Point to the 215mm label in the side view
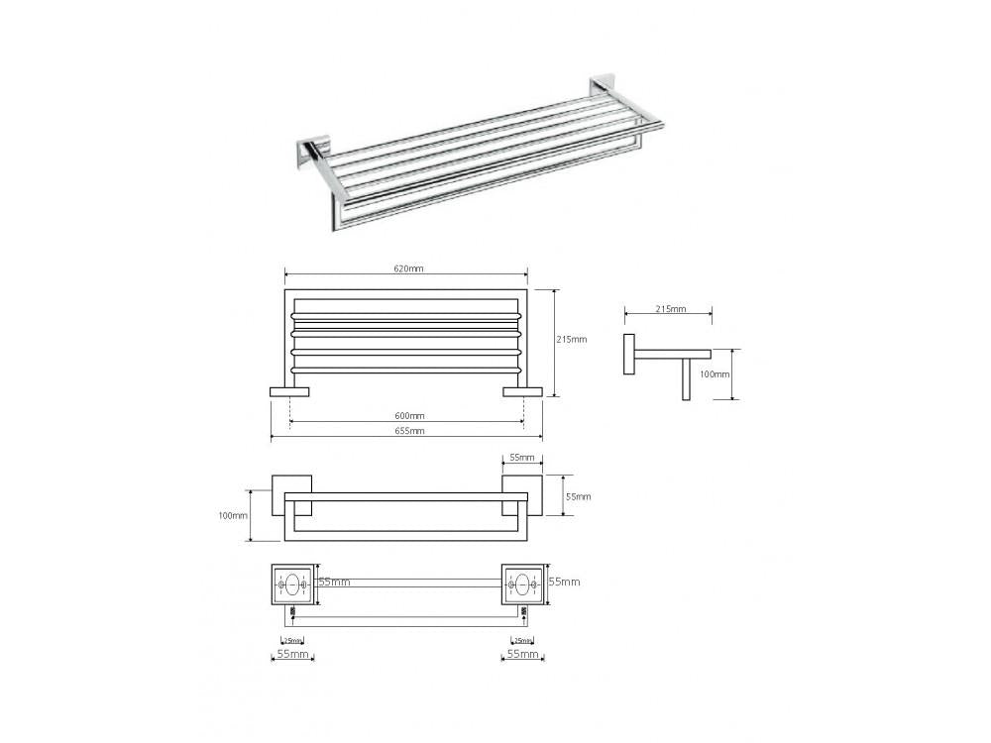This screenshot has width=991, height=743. [671, 309]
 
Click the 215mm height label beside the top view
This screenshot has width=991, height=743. [573, 339]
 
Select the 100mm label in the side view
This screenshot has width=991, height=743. [715, 374]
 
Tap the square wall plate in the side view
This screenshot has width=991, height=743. [629, 354]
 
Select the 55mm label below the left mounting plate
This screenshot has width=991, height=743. [291, 655]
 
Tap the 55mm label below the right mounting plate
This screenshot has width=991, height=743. [522, 655]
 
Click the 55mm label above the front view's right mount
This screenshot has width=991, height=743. [520, 459]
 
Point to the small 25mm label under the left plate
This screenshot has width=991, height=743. [292, 640]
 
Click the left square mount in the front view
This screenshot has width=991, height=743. [293, 494]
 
